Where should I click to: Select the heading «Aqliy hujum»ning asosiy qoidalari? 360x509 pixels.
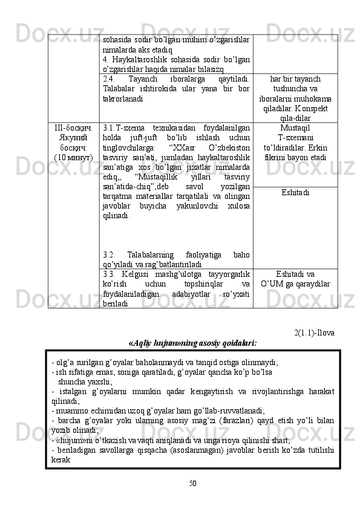click(x=192, y=343)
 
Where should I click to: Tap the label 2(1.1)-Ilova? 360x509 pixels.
click(x=314, y=332)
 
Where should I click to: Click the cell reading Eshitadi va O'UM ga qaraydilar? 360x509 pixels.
click(x=295, y=279)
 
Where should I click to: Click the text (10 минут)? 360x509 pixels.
click(x=73, y=158)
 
